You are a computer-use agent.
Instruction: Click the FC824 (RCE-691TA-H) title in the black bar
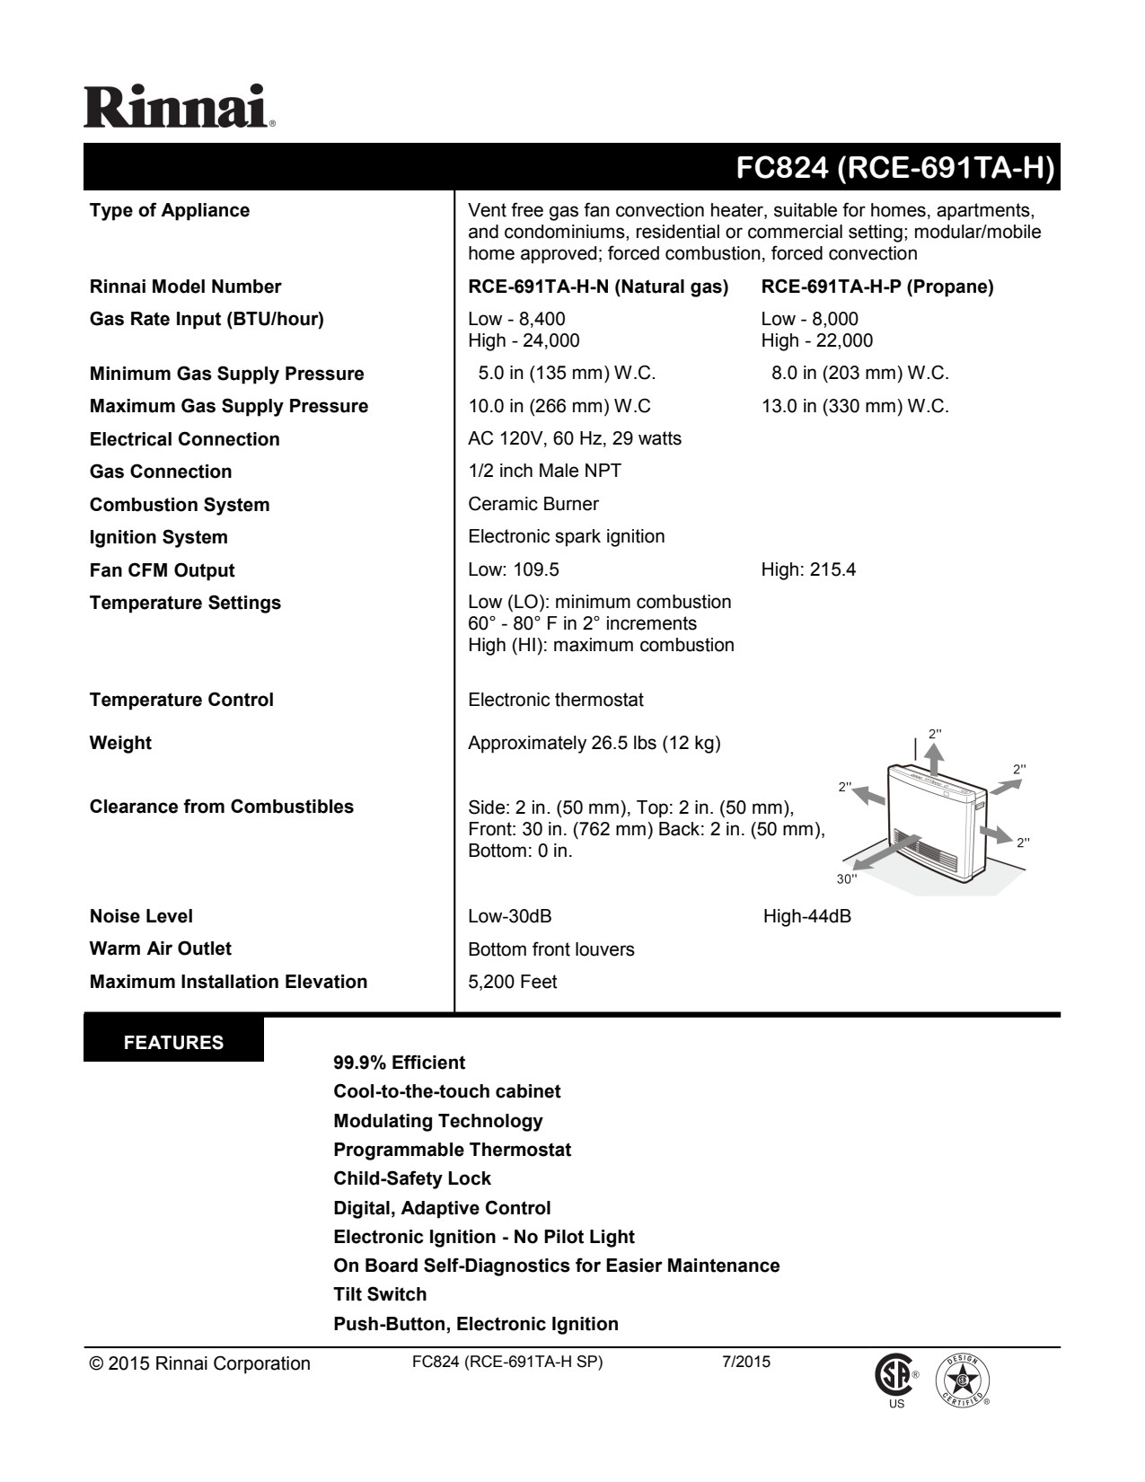pyautogui.click(x=894, y=168)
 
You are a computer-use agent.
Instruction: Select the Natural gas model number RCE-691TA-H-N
pyautogui.click(x=598, y=287)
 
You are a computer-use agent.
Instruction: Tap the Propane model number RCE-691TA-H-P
pyautogui.click(x=877, y=287)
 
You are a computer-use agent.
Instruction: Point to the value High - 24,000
pyautogui.click(x=524, y=340)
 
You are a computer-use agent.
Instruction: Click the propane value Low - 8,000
pyautogui.click(x=809, y=319)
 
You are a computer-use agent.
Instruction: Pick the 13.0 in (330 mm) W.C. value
pyautogui.click(x=855, y=406)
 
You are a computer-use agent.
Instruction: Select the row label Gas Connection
pyautogui.click(x=161, y=472)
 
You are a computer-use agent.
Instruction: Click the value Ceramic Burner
pyautogui.click(x=533, y=504)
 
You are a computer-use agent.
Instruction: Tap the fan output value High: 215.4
pyautogui.click(x=808, y=569)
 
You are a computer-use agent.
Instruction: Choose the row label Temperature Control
pyautogui.click(x=181, y=700)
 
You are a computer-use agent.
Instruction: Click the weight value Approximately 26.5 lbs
pyautogui.click(x=594, y=743)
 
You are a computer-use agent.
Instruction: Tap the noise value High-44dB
pyautogui.click(x=806, y=916)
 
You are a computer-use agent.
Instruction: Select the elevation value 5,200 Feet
pyautogui.click(x=512, y=982)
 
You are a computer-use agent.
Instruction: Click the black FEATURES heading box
pyautogui.click(x=174, y=1043)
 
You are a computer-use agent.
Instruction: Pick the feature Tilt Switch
pyautogui.click(x=380, y=1294)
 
